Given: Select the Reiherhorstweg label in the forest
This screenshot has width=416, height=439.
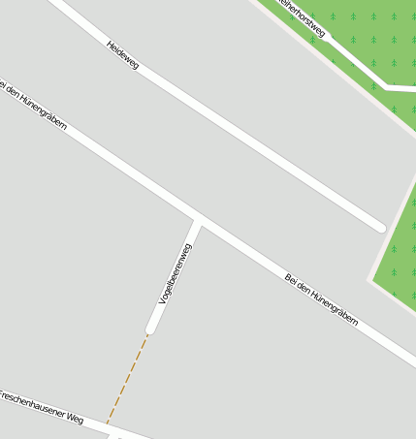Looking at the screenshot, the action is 302,16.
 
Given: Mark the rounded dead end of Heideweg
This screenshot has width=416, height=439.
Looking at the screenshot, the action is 379,227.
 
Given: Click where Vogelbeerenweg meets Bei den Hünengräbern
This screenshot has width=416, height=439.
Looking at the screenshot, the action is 199,218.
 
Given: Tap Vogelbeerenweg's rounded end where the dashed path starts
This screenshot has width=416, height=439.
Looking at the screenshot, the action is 151,329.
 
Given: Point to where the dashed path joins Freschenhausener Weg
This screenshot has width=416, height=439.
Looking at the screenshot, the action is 107,424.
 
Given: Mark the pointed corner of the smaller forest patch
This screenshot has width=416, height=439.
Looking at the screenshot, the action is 372,280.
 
